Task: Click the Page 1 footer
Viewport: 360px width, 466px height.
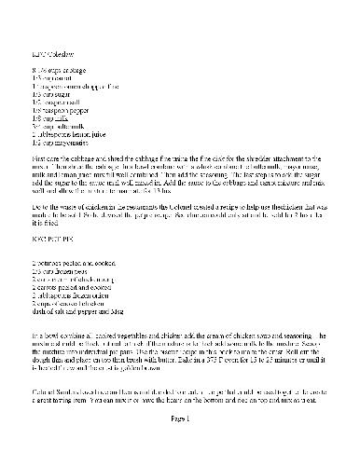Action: click(181, 446)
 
